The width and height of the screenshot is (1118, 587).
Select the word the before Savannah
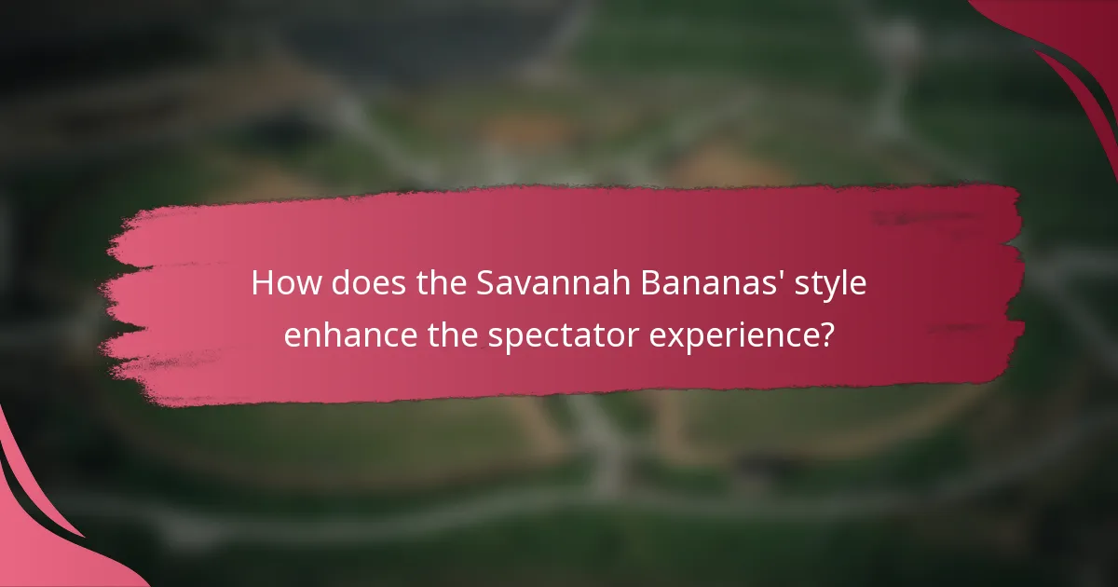[440, 283]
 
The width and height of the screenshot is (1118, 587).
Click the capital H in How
[262, 283]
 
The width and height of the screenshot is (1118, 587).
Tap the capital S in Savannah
[485, 283]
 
